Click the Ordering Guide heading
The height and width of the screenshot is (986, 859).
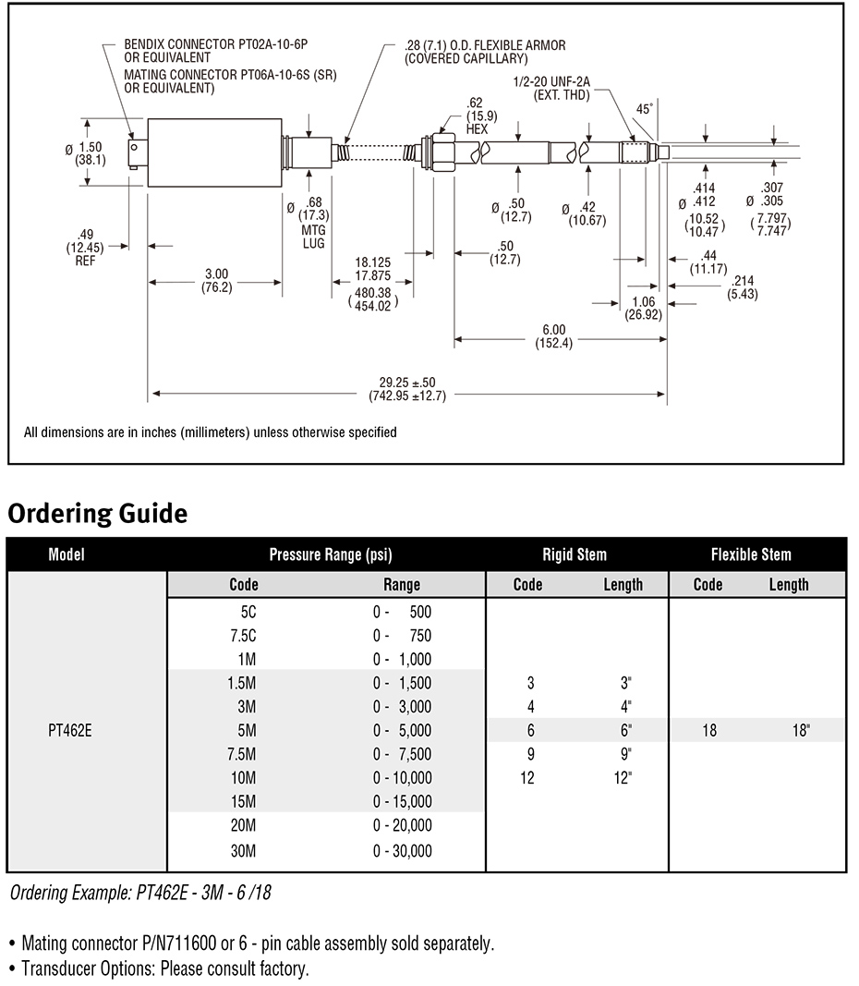[x=97, y=513]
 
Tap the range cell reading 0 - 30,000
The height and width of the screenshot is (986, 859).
[x=402, y=851]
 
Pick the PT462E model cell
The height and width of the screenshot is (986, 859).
[x=70, y=731]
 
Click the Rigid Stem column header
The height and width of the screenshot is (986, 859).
[x=575, y=554]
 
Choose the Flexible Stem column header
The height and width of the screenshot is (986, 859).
[x=751, y=554]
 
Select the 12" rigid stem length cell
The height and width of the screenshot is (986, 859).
[x=623, y=778]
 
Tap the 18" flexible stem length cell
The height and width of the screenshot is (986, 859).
[x=801, y=730]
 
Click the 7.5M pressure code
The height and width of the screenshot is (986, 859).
[x=243, y=754]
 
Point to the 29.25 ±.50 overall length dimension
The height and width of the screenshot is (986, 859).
[x=407, y=389]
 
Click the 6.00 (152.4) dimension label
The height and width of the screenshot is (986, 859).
[x=553, y=336]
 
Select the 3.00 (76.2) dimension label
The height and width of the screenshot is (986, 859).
[x=217, y=280]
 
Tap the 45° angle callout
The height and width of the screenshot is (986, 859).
[x=645, y=109]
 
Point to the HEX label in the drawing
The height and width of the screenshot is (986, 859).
[x=477, y=129]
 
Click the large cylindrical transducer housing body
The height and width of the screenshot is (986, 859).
[x=214, y=152]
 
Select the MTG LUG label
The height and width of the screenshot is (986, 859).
[x=313, y=237]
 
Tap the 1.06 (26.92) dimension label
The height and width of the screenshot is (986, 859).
[x=644, y=308]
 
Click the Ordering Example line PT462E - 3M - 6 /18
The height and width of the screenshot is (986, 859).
[x=140, y=893]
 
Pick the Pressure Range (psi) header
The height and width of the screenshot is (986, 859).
[x=331, y=554]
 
